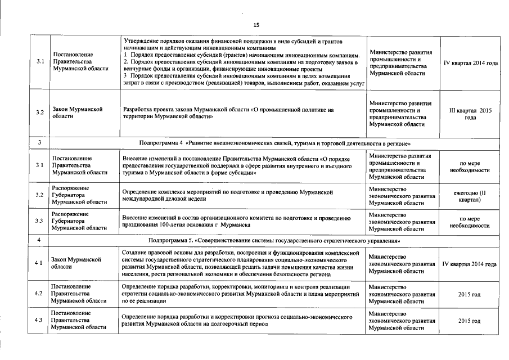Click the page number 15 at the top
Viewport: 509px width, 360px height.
pyautogui.click(x=256, y=25)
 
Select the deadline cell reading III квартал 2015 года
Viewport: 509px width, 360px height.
pyautogui.click(x=470, y=114)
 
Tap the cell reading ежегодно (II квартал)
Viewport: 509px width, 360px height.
pyautogui.click(x=470, y=196)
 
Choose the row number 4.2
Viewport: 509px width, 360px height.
pyautogui.click(x=39, y=294)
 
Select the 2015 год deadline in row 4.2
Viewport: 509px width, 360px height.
pyautogui.click(x=469, y=294)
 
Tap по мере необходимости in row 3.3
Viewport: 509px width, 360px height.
pyautogui.click(x=470, y=221)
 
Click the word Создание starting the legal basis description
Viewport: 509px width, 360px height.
pyautogui.click(x=135, y=253)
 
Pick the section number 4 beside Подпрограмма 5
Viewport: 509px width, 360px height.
pyautogui.click(x=39, y=241)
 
